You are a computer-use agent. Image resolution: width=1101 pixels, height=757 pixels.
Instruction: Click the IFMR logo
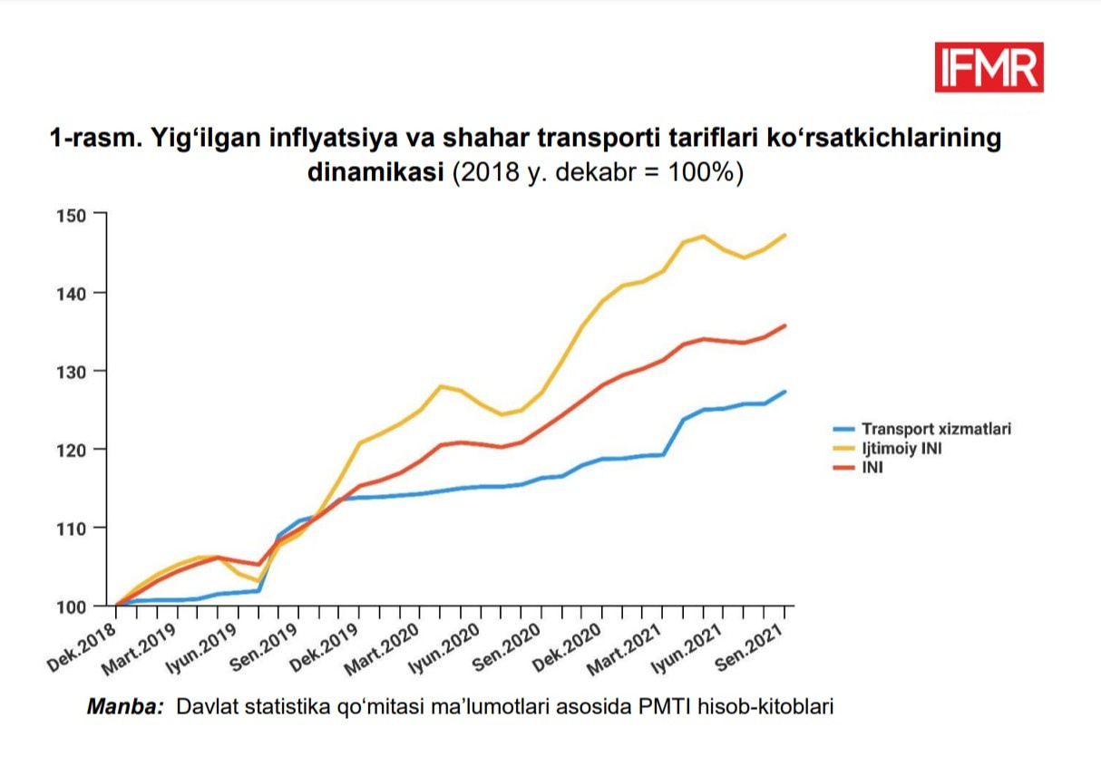click(989, 67)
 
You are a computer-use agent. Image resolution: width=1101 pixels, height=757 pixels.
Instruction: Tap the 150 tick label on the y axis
click(75, 215)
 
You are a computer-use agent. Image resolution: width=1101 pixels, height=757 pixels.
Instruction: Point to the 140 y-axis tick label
click(75, 293)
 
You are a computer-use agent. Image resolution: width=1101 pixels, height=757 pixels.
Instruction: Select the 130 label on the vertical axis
click(75, 371)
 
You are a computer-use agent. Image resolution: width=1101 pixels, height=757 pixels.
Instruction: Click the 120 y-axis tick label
click(75, 450)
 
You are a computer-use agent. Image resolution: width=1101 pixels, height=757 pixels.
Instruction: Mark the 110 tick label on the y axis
click(75, 528)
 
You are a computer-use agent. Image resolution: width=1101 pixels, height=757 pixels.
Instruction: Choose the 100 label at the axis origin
click(75, 606)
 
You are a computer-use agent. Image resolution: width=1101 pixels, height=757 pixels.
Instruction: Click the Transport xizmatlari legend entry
click(935, 429)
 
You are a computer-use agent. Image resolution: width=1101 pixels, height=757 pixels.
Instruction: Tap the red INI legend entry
click(872, 469)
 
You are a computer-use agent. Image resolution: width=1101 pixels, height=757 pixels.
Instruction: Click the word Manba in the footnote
click(124, 706)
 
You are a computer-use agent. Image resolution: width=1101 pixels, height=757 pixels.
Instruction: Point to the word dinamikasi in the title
click(376, 172)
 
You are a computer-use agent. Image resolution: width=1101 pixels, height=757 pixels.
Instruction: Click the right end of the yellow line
click(784, 235)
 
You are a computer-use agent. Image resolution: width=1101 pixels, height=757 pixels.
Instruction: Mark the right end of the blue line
click(784, 392)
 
